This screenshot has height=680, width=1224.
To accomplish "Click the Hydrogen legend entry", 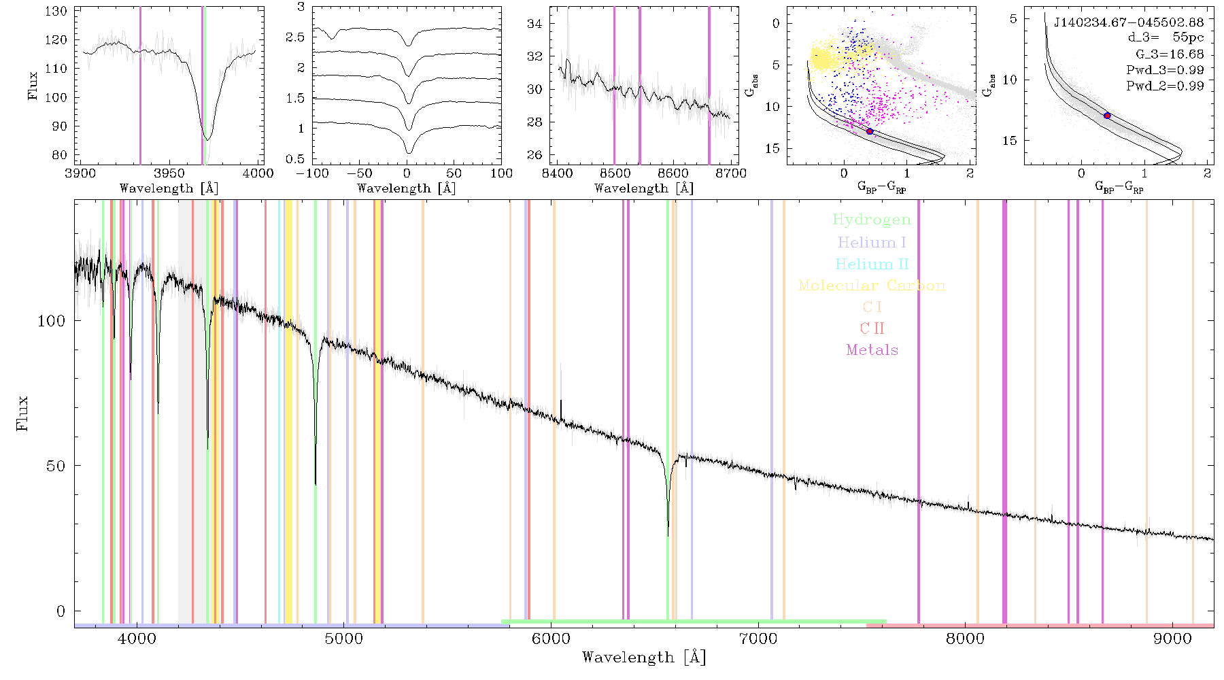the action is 871,220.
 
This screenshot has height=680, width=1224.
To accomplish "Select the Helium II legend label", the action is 872,264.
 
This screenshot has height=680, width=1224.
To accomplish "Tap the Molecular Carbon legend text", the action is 872,286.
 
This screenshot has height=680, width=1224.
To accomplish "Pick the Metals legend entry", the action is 872,350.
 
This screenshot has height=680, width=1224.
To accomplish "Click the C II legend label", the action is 872,328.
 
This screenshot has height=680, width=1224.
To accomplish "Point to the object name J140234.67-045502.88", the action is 1129,22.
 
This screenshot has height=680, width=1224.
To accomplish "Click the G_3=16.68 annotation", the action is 1170,54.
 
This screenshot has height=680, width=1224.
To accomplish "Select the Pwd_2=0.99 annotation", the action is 1165,86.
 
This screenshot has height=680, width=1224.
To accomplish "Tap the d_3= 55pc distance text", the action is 1166,38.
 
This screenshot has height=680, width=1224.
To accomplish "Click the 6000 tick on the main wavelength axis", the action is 551,639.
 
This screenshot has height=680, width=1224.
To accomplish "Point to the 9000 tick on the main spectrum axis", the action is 1172,639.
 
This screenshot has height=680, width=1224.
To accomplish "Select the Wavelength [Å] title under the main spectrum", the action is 644,658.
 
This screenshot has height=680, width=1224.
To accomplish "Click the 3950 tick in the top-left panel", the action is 169,173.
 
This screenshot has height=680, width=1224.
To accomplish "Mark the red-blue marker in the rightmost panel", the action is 1107,116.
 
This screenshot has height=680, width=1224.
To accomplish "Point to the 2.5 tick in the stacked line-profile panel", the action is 296,37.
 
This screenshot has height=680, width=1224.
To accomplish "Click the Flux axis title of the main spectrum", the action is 23,412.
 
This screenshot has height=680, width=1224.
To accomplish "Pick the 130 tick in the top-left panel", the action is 56,12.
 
